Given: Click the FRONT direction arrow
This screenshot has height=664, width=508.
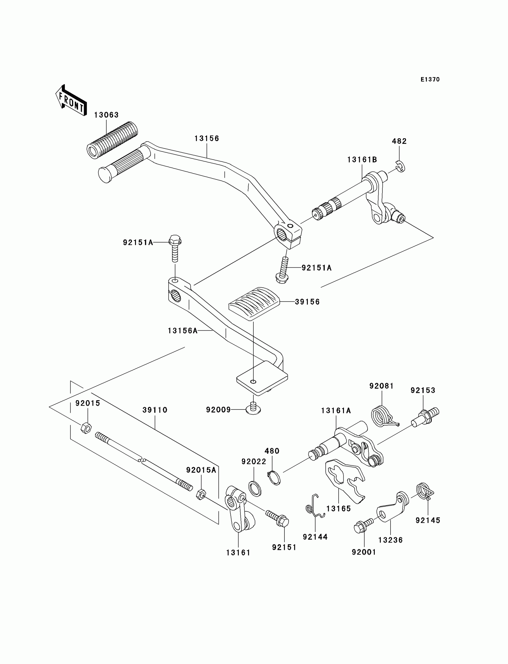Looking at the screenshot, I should (71, 100).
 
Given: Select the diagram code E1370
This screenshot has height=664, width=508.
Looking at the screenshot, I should (430, 79).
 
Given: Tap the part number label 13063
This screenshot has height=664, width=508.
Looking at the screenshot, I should (106, 115).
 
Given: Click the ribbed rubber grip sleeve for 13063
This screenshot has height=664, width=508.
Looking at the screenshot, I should (112, 139).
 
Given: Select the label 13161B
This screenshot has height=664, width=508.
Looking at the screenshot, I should (362, 160).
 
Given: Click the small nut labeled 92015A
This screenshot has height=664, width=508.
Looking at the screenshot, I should (201, 494).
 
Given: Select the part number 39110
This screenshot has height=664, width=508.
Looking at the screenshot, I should (155, 410).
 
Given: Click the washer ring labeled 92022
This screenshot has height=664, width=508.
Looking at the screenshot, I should (255, 489).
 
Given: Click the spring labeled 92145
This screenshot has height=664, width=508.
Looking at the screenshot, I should (424, 492).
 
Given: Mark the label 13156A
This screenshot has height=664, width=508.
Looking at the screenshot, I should (182, 331).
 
